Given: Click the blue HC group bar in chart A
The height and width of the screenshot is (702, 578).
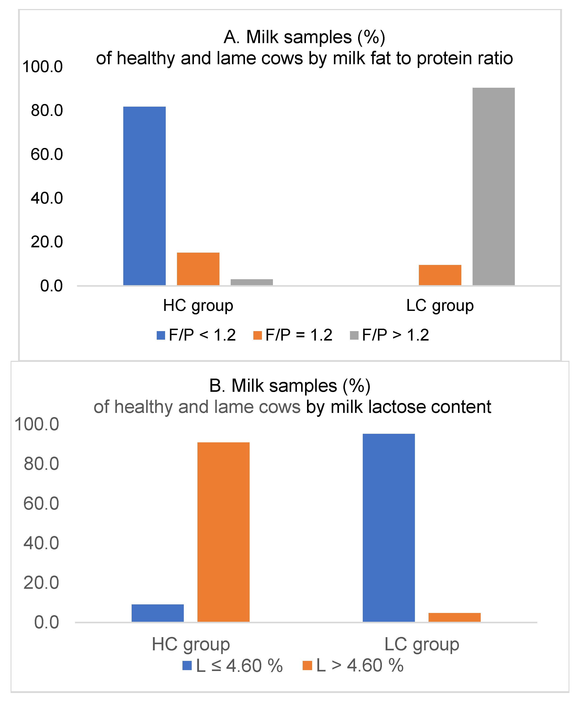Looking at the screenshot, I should click(144, 196).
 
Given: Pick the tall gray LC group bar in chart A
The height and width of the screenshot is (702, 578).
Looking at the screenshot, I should click(493, 186).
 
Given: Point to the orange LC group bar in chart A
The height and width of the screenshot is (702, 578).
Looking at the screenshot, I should click(440, 275).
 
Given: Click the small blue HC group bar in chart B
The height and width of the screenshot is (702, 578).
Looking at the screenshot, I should click(157, 613).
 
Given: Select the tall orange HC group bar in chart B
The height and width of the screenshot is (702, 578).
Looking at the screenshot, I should click(223, 532).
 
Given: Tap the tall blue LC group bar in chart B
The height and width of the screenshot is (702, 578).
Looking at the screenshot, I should click(388, 527).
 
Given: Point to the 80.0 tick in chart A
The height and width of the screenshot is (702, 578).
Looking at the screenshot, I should click(47, 110).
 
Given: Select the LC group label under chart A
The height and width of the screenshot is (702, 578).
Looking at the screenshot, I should click(440, 305).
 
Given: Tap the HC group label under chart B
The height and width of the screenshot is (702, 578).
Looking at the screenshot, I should click(191, 644).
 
